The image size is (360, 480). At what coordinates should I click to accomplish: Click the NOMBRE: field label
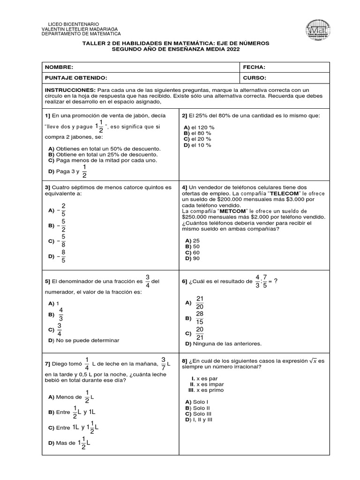click(x=59, y=67)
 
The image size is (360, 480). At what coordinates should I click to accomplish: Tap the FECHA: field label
click(x=255, y=67)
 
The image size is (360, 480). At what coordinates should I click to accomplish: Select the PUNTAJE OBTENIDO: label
click(x=76, y=78)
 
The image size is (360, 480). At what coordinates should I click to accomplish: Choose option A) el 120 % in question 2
click(x=199, y=127)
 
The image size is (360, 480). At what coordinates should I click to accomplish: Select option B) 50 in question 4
click(x=193, y=246)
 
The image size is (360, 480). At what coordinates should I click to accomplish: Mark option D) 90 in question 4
click(x=193, y=258)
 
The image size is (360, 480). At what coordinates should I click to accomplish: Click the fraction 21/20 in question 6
click(x=200, y=303)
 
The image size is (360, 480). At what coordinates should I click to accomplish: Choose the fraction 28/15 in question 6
click(x=200, y=318)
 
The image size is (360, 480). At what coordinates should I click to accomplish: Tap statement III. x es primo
click(x=206, y=390)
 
